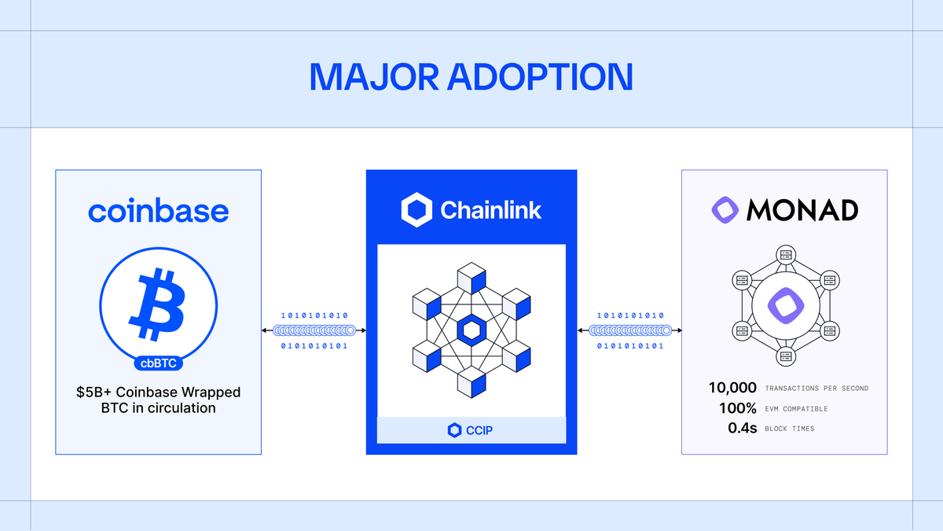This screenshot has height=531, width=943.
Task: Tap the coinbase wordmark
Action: (x=158, y=211)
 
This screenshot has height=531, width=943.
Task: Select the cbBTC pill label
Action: (x=158, y=363)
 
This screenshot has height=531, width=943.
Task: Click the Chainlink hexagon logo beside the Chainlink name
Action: (x=416, y=210)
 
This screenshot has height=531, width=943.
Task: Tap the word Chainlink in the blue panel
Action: (x=490, y=210)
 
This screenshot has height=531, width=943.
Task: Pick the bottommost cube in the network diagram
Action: (x=472, y=383)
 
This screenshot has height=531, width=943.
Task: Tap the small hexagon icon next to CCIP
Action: (x=453, y=430)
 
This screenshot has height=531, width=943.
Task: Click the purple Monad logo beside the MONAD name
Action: (x=725, y=209)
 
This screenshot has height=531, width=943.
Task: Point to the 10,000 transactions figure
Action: (x=732, y=388)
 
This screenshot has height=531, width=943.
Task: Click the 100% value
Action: (x=737, y=408)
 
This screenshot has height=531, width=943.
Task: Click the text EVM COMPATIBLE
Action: (x=796, y=409)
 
